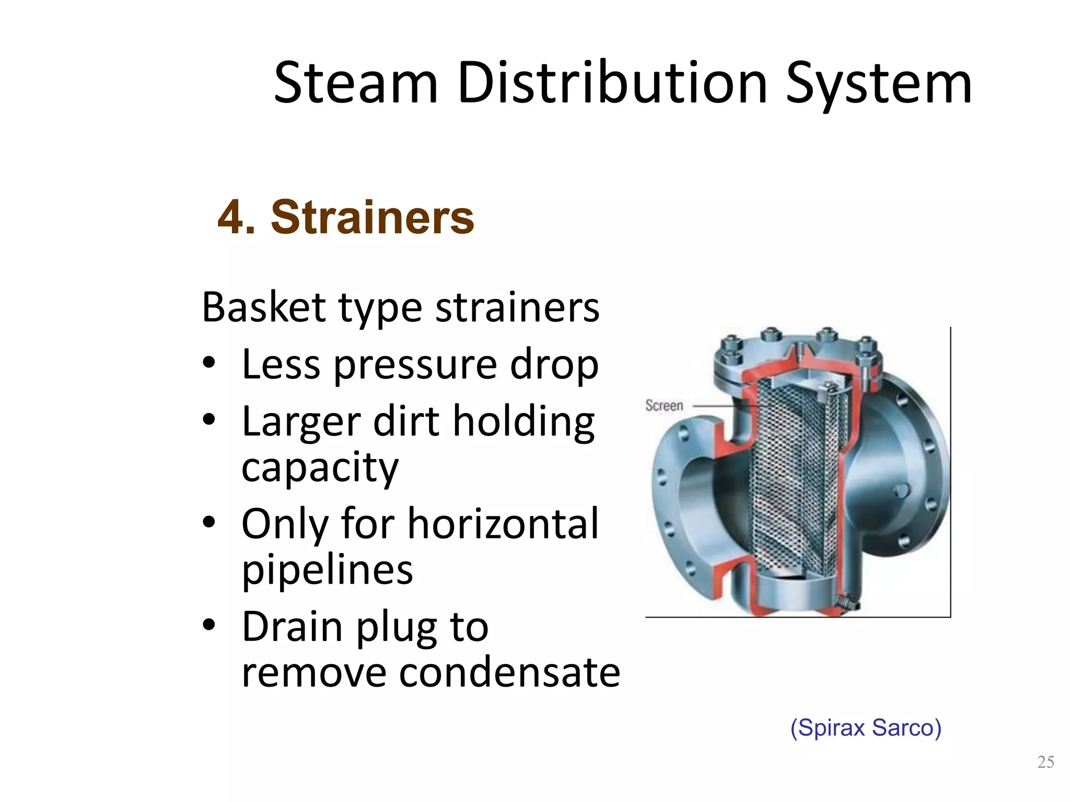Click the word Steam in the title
click(355, 84)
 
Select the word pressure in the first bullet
click(415, 365)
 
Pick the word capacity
click(320, 468)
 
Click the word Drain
click(292, 627)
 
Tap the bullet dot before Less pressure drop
click(210, 364)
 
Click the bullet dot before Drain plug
click(210, 625)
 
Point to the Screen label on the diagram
click(664, 406)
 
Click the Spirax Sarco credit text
click(866, 728)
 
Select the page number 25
click(1045, 762)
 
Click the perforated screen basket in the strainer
click(792, 480)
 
